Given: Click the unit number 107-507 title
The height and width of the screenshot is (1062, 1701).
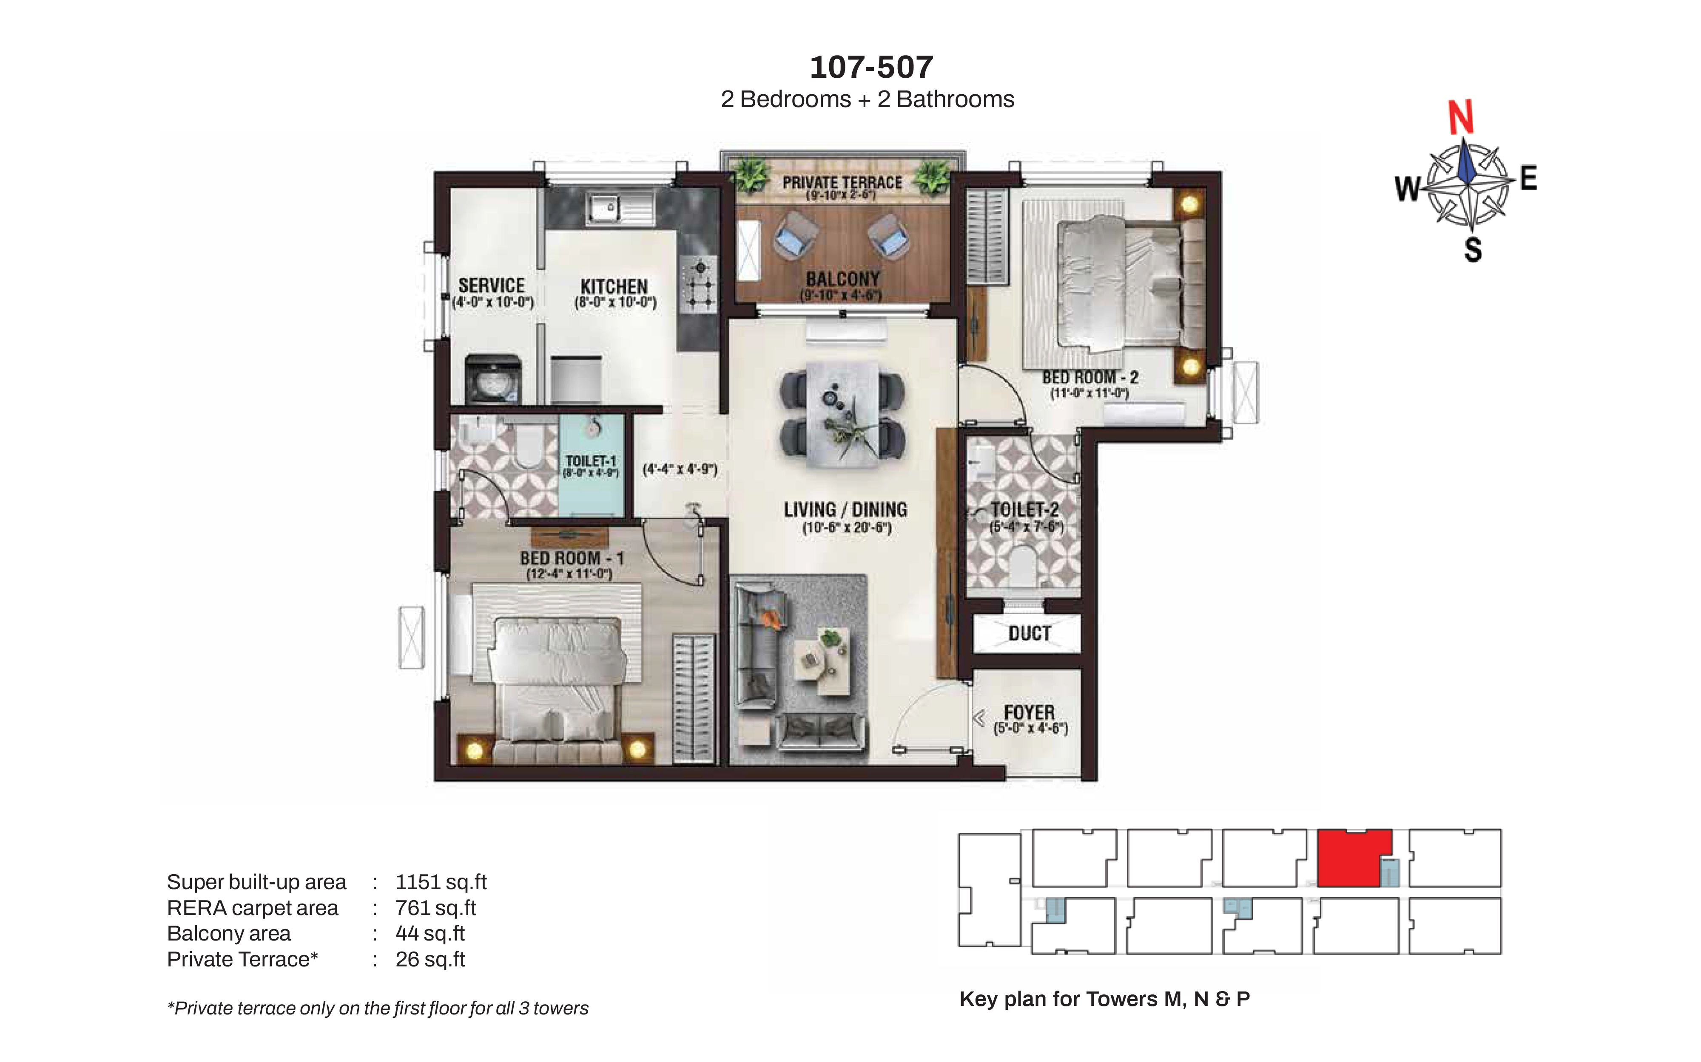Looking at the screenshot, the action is coord(872,68).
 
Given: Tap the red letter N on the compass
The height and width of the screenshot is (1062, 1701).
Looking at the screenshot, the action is coord(1461,117).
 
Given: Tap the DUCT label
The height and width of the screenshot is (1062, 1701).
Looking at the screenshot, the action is coord(1030,633).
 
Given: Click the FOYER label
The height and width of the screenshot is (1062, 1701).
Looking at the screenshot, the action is coord(1029,712).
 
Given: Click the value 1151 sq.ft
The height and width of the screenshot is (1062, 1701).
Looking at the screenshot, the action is coord(441,882).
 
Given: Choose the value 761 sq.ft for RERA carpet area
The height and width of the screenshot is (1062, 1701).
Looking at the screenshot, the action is coord(436,908).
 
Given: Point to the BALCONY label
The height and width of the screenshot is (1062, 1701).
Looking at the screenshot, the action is coord(843,279).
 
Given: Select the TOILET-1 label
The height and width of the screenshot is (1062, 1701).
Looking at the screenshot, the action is coord(590,461).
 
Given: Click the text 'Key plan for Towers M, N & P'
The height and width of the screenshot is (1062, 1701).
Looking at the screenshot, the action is coord(1104,999).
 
